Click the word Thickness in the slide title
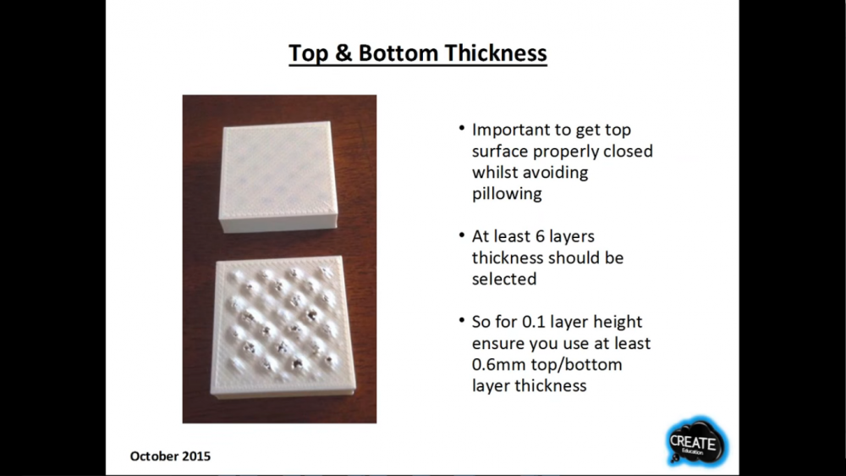495,53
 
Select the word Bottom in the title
398,53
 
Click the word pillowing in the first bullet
507,193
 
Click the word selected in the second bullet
504,279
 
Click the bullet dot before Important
462,129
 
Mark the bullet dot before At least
462,235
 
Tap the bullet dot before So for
462,320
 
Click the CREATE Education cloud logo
696,442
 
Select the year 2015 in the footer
196,456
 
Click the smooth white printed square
278,177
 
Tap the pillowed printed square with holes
283,327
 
